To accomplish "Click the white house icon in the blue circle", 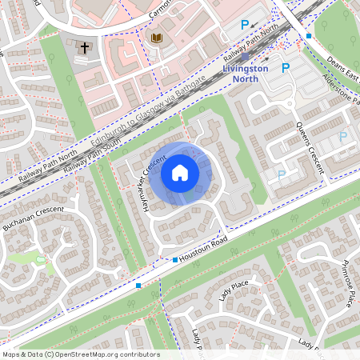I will point(180,173).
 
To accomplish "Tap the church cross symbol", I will point(84,48).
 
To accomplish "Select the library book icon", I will point(156,38).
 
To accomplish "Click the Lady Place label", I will point(234,290).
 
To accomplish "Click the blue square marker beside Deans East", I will point(309,36).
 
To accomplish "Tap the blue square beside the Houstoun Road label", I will point(175,259).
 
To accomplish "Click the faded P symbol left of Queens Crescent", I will point(281,174).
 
